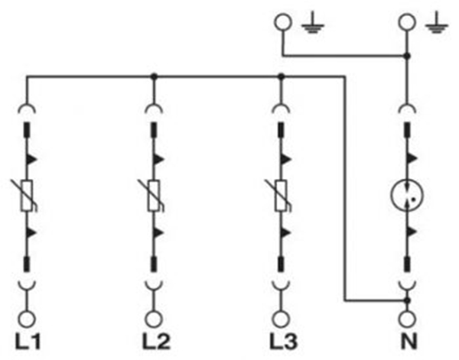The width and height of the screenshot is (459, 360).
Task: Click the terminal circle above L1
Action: point(28,318)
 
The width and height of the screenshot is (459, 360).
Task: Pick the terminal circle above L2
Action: point(154,318)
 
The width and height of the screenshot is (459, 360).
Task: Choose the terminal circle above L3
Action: point(281,318)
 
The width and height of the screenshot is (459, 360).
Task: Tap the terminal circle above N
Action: point(408,318)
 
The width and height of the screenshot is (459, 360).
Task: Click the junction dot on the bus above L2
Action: point(154,76)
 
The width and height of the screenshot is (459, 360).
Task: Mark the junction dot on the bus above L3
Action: point(281,76)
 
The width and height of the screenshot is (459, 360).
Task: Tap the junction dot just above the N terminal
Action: point(408,301)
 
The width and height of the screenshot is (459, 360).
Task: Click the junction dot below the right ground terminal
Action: point(408,55)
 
